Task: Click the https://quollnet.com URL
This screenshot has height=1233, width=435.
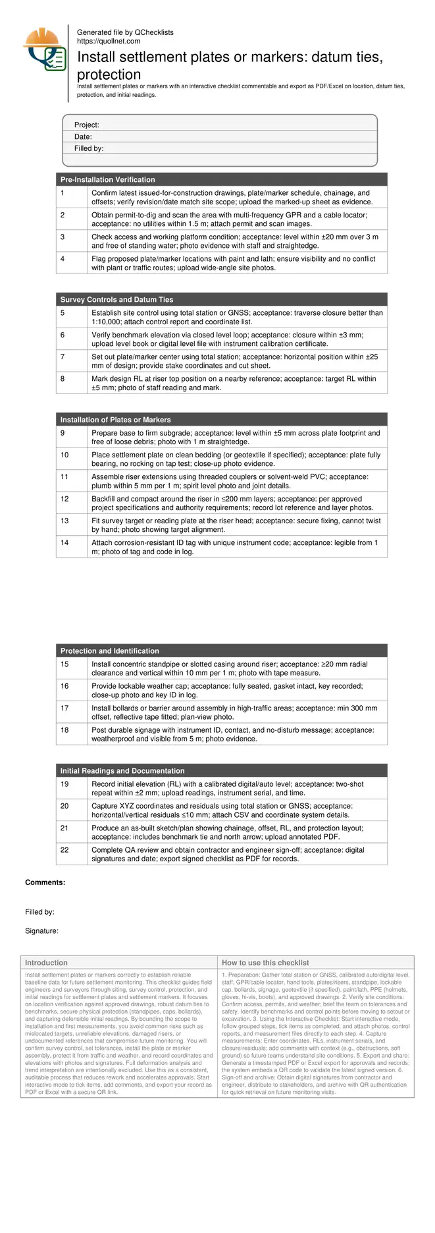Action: pyautogui.click(x=109, y=41)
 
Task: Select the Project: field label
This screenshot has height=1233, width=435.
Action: pyautogui.click(x=86, y=125)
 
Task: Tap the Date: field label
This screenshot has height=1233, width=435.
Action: pyautogui.click(x=83, y=137)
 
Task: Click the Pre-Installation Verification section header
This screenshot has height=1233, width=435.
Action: pyautogui.click(x=107, y=180)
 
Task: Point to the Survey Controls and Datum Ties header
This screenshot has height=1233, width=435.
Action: pyautogui.click(x=116, y=300)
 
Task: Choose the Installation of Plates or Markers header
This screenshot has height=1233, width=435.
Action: pyautogui.click(x=115, y=420)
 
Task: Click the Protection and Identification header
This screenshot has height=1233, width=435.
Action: pyautogui.click(x=109, y=651)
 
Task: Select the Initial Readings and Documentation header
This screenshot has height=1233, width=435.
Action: pyautogui.click(x=122, y=771)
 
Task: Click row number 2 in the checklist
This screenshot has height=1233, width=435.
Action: pyautogui.click(x=63, y=215)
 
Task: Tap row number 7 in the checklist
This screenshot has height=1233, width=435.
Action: pyautogui.click(x=63, y=357)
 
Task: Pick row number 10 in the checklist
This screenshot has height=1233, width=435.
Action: pyautogui.click(x=64, y=455)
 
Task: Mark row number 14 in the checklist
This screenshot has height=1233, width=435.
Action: pyautogui.click(x=64, y=542)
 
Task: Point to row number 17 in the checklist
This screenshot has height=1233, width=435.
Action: pyautogui.click(x=64, y=708)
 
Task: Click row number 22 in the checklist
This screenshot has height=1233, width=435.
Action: pyautogui.click(x=64, y=850)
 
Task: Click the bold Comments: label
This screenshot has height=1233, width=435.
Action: pyautogui.click(x=45, y=882)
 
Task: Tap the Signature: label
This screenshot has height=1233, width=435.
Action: pyautogui.click(x=41, y=931)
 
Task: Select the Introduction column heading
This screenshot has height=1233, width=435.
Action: pyautogui.click(x=46, y=963)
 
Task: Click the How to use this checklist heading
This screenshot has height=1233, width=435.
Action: pyautogui.click(x=265, y=963)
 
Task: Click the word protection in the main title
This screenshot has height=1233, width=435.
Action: pyautogui.click(x=109, y=74)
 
